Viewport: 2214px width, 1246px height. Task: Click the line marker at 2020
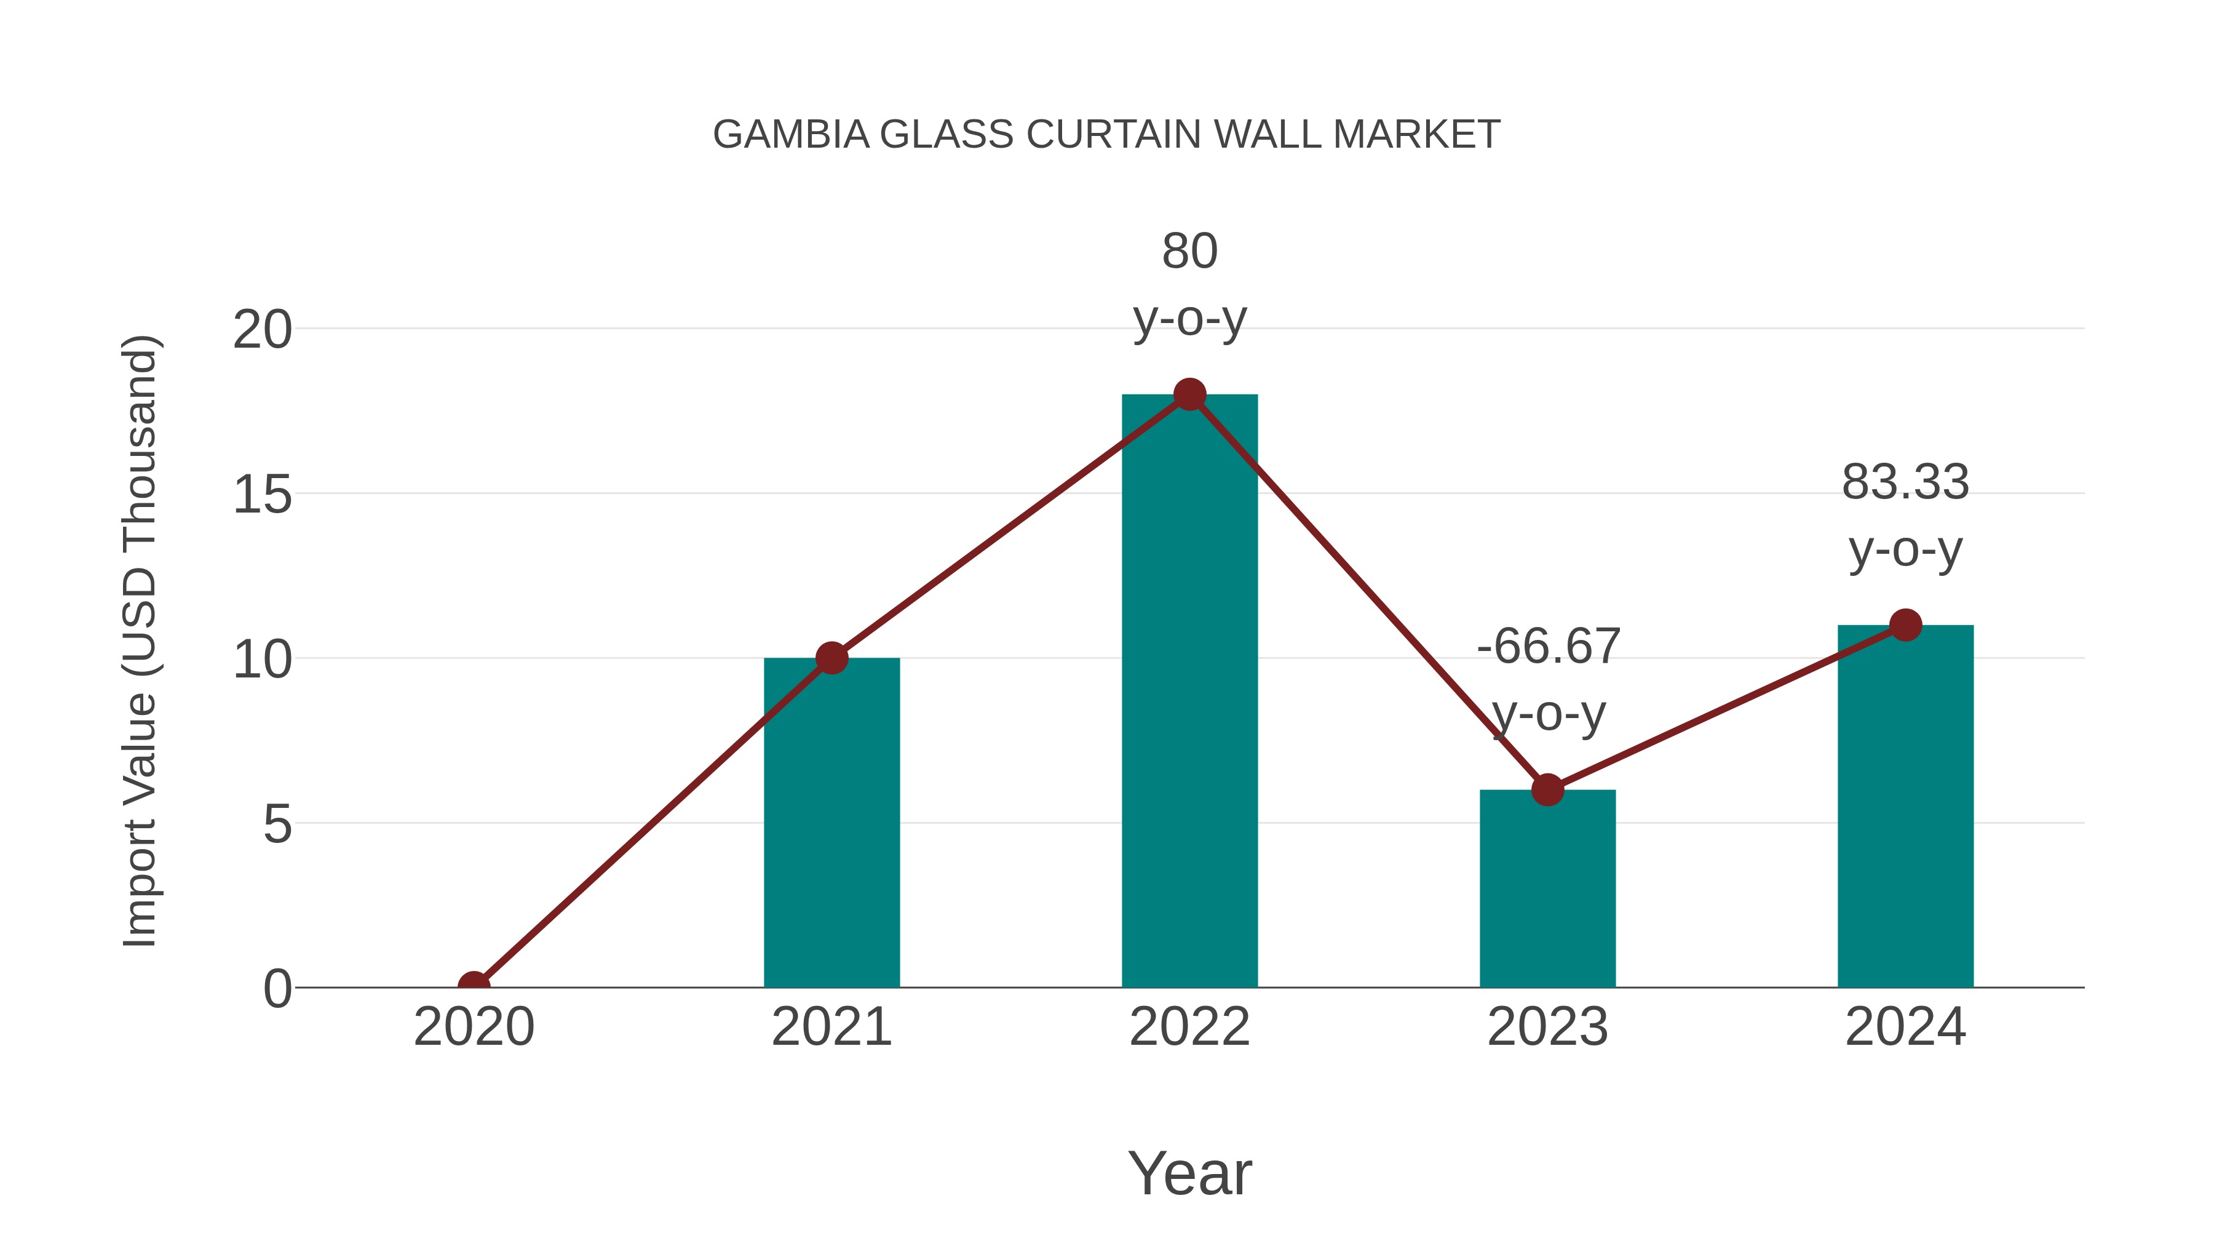(x=474, y=986)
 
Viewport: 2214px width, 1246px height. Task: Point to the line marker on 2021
(x=831, y=658)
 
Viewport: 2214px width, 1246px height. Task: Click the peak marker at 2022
(x=1189, y=394)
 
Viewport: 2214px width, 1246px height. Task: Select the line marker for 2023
(x=1547, y=789)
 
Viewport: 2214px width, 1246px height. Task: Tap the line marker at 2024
(x=1905, y=625)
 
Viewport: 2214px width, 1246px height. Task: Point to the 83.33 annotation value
(x=1905, y=482)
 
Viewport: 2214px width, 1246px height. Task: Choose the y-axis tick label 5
(x=277, y=825)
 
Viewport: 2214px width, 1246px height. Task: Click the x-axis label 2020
(x=474, y=1027)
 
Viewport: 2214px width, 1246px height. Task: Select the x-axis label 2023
(x=1547, y=1027)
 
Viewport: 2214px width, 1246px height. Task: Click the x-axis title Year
(x=1189, y=1173)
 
